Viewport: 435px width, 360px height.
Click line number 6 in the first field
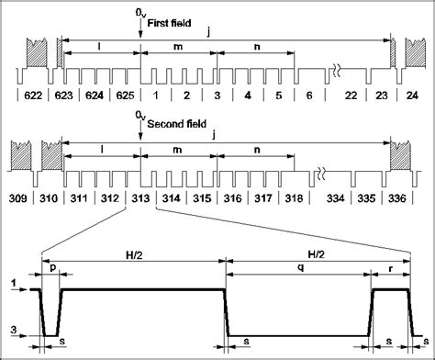(x=310, y=95)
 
